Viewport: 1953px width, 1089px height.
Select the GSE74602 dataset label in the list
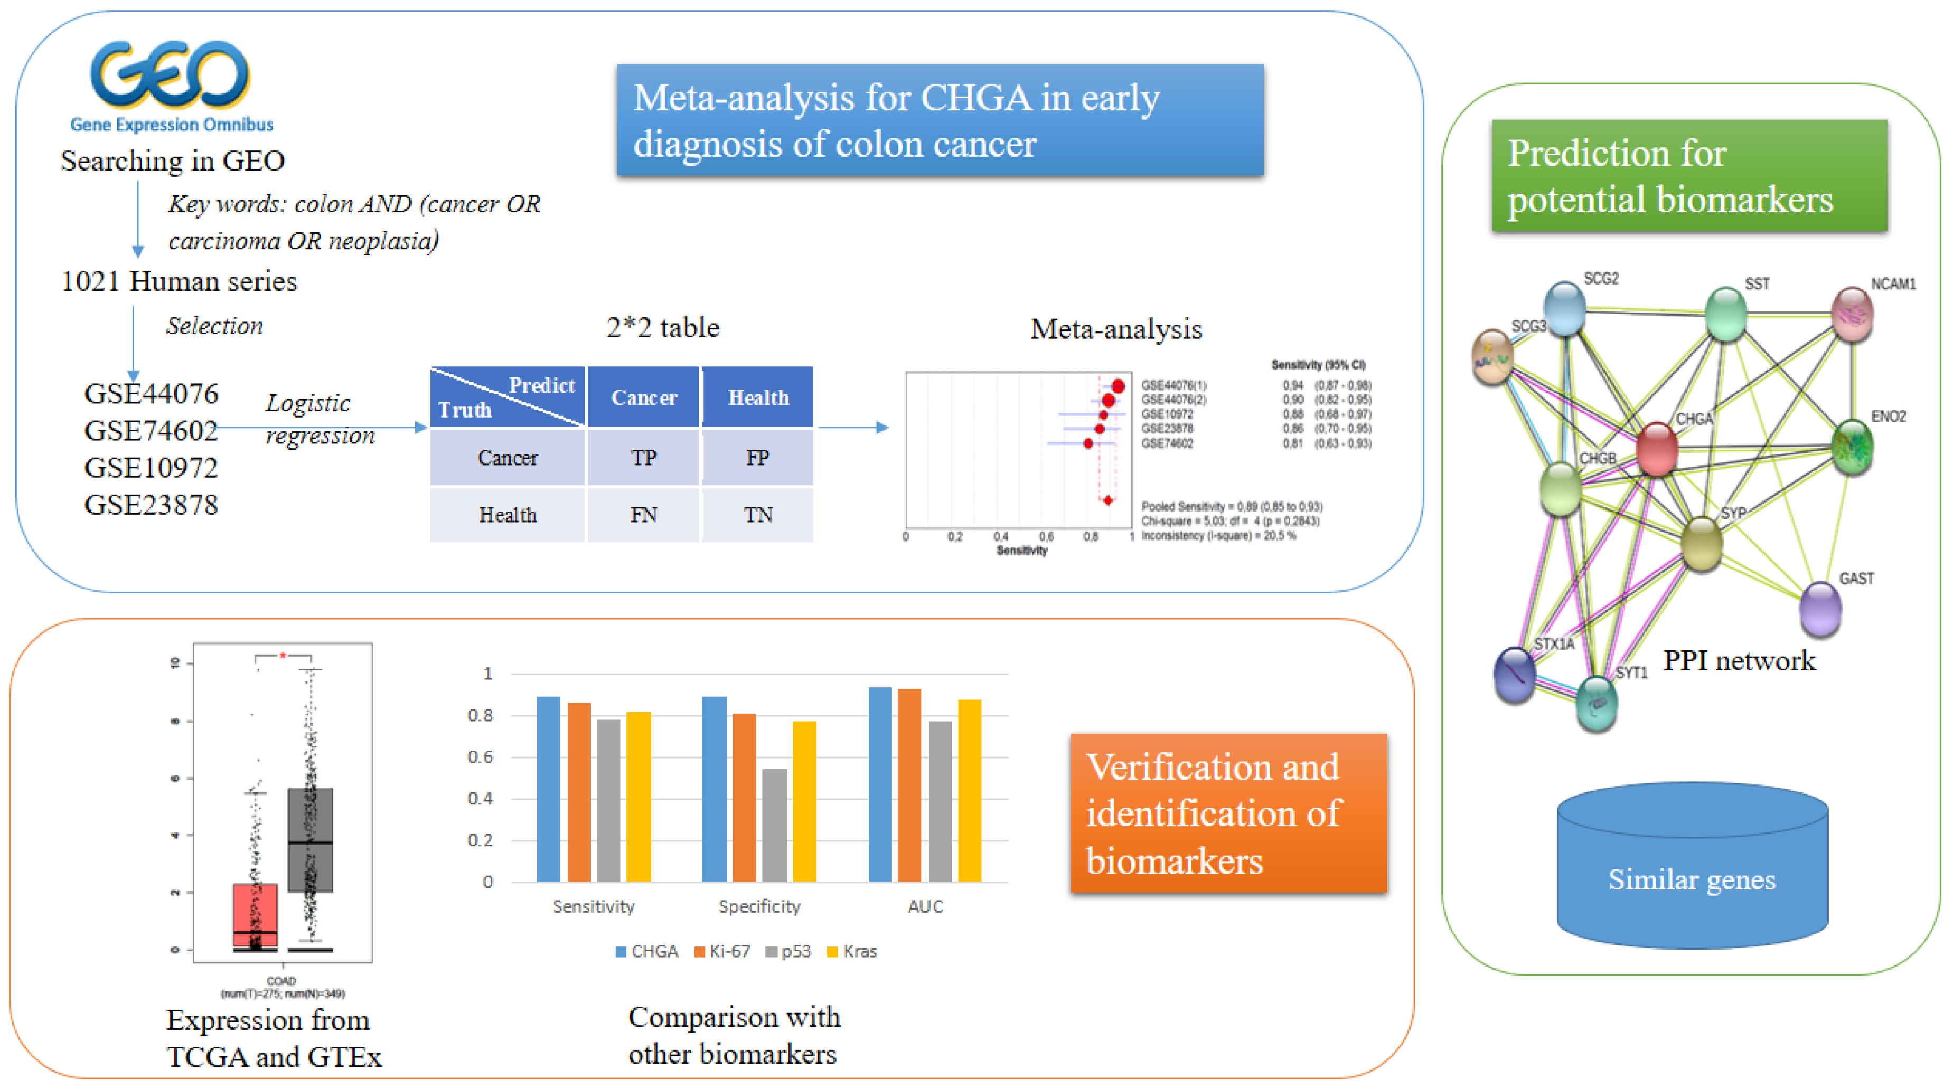coord(151,430)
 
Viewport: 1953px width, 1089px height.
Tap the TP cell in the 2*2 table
coord(643,458)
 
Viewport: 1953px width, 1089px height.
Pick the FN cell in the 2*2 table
coord(643,515)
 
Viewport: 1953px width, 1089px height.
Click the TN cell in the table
coord(757,515)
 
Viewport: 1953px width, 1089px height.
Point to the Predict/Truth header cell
coord(507,397)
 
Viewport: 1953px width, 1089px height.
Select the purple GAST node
coord(1819,608)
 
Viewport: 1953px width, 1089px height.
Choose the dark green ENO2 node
coord(1852,447)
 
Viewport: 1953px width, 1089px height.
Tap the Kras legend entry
coord(852,952)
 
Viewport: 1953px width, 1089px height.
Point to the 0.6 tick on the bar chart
coord(480,757)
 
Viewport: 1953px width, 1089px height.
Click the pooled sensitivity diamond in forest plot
coord(1107,500)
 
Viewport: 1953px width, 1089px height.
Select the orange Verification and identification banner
coord(1228,813)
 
